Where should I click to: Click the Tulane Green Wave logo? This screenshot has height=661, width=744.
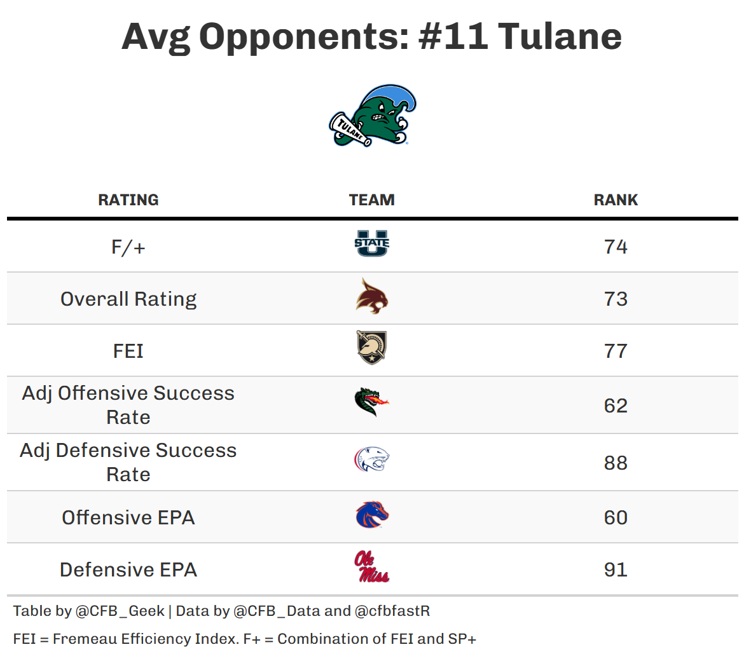373,116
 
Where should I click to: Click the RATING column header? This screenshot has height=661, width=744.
128,200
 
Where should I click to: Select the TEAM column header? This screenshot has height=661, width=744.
372,200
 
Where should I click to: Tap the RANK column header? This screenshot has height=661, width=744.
616,200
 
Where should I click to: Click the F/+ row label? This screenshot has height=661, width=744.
128,247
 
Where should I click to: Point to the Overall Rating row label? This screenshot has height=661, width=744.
128,299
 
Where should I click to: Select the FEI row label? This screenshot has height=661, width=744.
128,351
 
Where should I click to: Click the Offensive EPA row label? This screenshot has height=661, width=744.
128,517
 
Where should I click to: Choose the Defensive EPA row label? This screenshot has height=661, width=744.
128,569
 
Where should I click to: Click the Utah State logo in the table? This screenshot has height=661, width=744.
372,243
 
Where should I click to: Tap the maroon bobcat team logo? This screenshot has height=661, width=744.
372,297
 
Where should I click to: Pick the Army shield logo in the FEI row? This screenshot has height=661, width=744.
372,348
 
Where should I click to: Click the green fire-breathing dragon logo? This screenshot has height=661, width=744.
372,402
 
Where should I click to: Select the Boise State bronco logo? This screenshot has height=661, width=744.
372,515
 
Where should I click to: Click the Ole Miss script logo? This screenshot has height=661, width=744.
372,567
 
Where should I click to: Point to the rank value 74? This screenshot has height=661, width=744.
616,247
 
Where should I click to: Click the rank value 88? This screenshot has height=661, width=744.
616,463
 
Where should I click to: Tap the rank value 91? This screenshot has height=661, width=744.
616,569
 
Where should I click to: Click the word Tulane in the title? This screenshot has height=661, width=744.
560,36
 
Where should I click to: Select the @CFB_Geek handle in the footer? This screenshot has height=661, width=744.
120,611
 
